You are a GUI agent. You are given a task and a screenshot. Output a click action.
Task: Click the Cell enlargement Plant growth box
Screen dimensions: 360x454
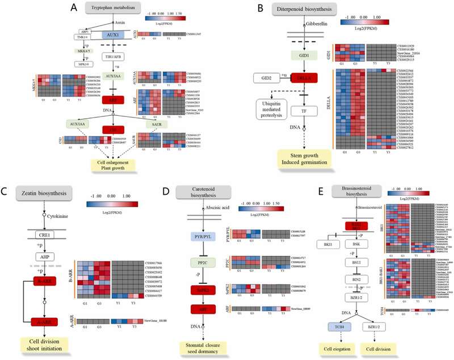117,165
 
